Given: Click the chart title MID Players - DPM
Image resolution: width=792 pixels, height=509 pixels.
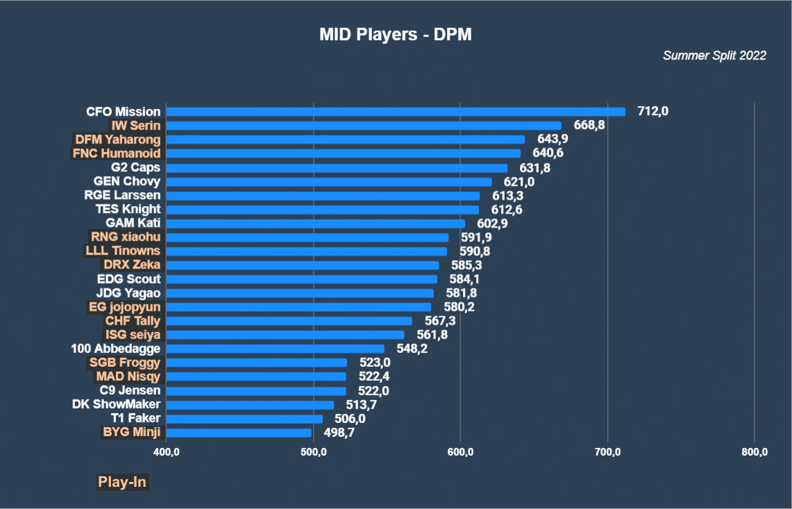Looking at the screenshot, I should click(395, 35).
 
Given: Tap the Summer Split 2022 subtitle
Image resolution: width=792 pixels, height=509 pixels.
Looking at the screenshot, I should click(714, 55).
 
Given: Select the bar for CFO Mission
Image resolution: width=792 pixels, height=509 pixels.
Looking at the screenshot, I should click(396, 112).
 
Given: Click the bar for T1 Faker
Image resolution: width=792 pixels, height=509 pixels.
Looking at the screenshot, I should click(244, 419).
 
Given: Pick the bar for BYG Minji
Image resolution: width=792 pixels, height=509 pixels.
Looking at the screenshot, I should click(239, 433).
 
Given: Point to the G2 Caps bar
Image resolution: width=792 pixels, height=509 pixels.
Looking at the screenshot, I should click(337, 168).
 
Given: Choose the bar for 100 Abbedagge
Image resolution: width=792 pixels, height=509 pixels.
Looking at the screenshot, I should click(275, 349).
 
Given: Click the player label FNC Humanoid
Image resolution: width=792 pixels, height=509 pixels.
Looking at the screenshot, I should click(117, 153).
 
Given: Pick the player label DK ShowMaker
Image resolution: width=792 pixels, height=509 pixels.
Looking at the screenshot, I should click(117, 404).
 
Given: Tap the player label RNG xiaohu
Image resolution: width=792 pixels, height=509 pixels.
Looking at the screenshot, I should click(126, 237).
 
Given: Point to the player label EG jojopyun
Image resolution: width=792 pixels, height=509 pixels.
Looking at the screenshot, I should click(125, 307).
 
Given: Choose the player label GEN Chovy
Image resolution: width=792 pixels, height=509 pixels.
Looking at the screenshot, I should click(127, 182).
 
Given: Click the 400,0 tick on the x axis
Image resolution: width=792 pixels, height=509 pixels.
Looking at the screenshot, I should click(167, 453).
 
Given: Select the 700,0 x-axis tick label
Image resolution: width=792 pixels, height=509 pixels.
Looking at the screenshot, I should click(607, 453).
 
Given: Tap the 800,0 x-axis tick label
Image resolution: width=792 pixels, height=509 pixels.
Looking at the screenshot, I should click(755, 453).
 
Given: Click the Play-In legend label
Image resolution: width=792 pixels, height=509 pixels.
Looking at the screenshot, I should click(122, 482).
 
